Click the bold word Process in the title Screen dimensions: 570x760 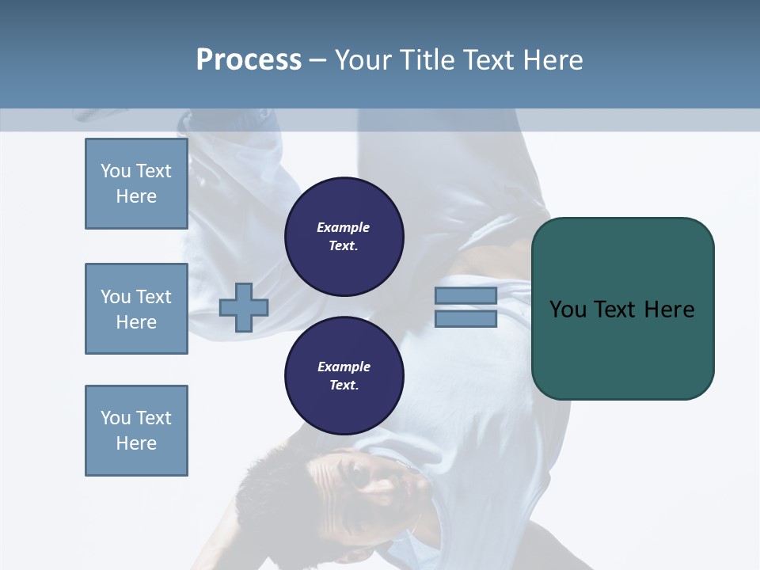[x=249, y=60]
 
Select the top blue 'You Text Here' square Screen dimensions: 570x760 [x=136, y=184]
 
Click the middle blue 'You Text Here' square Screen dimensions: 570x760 [x=136, y=309]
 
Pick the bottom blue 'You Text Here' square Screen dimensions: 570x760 [x=136, y=431]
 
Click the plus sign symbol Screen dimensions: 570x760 [x=244, y=308]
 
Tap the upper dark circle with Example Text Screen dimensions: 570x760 [x=344, y=237]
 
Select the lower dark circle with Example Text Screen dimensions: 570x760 [x=344, y=376]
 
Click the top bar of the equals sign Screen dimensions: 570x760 [x=465, y=295]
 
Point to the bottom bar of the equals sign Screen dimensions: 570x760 [x=465, y=319]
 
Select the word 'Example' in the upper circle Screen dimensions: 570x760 [x=344, y=228]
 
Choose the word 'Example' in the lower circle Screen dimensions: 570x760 [x=344, y=367]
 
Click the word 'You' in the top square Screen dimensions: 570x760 [x=116, y=171]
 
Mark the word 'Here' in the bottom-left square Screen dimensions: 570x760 [x=136, y=443]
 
